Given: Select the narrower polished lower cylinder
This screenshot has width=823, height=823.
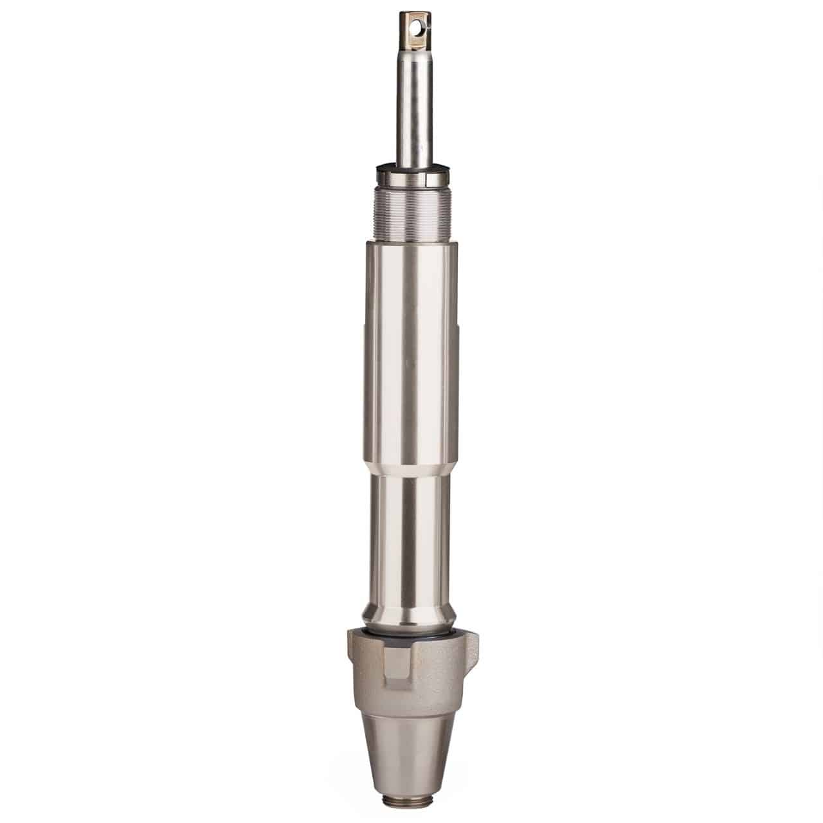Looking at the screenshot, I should [x=411, y=534].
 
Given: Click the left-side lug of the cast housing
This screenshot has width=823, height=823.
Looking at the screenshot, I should [x=354, y=649].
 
